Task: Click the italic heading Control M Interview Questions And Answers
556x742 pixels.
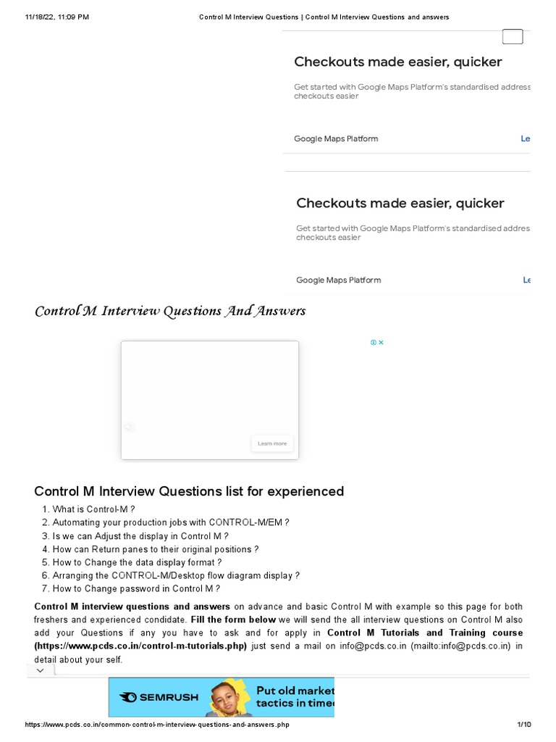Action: [170, 311]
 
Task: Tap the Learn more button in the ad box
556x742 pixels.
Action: [272, 443]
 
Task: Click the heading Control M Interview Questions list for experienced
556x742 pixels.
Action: [189, 491]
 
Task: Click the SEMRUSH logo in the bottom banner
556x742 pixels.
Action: [159, 697]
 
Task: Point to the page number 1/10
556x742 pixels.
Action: [523, 725]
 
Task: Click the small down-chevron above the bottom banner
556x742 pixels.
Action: [40, 671]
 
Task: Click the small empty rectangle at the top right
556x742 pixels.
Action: [513, 37]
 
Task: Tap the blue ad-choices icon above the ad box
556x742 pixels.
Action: [374, 343]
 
